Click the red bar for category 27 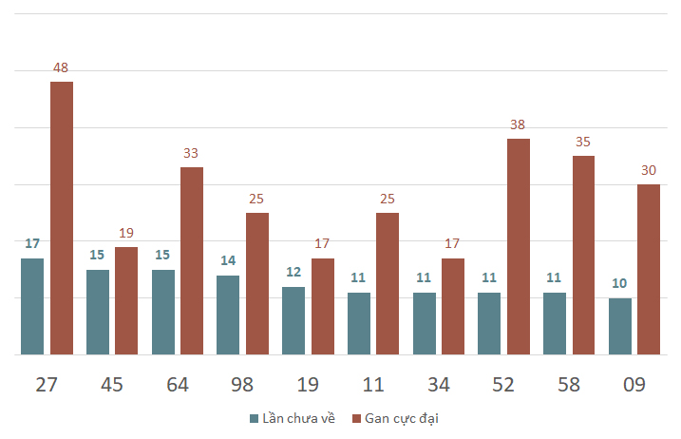62,219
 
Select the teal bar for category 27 32,306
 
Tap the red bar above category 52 519,246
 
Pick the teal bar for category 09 620,327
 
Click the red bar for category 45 126,301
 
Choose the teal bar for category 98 228,315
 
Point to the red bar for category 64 192,260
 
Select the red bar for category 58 584,256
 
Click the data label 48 61,67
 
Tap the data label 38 518,124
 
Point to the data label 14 228,260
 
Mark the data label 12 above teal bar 293,272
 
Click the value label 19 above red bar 126,233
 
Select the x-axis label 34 439,385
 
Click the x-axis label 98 242,385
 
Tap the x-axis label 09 634,385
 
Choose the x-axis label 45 112,385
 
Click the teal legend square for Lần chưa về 255,419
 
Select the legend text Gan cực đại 402,418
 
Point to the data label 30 649,170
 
